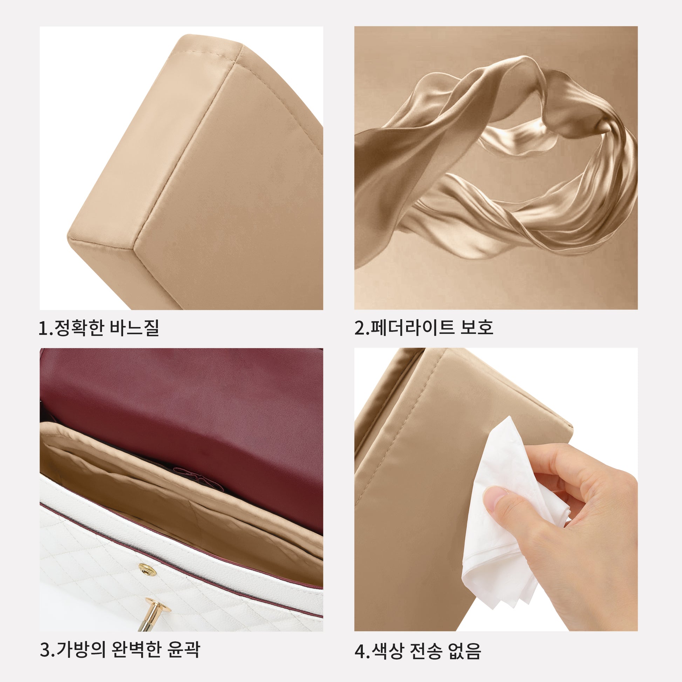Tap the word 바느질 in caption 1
pos(135,328)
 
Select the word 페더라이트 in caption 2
pos(412,328)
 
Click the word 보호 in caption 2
pos(477,328)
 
